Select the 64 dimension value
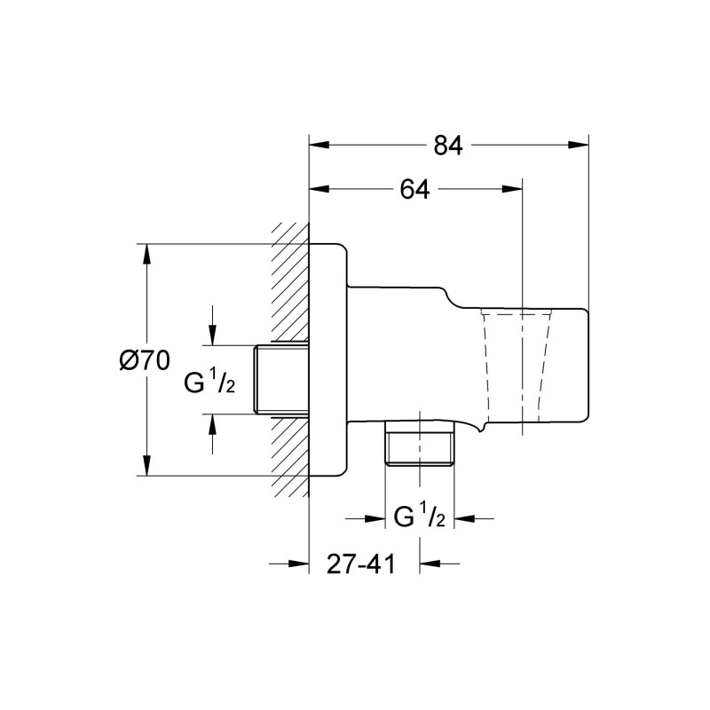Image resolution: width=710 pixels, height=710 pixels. pos(414,190)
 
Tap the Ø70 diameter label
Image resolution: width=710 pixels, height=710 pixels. pos(144,360)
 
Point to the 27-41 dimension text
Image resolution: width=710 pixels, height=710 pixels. pos(360,564)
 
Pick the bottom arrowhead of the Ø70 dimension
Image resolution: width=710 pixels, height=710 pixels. pos(147,468)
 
